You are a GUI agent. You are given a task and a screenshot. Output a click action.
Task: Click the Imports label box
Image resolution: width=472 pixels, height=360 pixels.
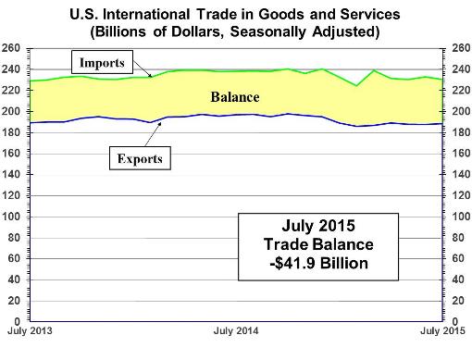[x=102, y=62]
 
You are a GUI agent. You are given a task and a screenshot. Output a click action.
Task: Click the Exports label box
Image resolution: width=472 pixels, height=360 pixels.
[x=140, y=158]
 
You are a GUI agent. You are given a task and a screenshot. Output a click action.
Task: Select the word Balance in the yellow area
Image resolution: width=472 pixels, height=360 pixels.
[x=235, y=97]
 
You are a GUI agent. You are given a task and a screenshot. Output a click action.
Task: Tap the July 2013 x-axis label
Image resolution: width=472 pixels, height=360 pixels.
[x=30, y=331]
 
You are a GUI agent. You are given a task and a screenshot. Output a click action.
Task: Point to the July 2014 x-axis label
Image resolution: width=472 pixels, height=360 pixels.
[x=236, y=331]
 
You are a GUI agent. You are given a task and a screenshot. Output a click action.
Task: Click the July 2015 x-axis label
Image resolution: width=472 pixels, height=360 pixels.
[x=442, y=331]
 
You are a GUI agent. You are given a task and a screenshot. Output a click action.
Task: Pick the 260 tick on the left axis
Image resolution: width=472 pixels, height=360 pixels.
[x=10, y=48]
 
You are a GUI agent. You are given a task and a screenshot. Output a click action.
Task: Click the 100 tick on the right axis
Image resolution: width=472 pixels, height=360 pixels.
[x=462, y=217]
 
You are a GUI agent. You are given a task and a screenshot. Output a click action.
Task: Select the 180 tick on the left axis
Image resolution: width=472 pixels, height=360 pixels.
[x=10, y=132]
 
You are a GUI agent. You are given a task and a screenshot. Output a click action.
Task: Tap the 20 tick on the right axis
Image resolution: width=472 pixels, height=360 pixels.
[x=458, y=301]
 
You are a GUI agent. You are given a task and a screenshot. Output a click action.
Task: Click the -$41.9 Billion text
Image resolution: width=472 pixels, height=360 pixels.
[x=318, y=264]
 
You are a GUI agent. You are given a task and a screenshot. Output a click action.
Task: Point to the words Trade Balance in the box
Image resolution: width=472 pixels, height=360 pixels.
[x=318, y=244]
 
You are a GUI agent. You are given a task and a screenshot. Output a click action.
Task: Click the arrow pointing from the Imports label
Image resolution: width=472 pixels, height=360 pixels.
[x=143, y=68]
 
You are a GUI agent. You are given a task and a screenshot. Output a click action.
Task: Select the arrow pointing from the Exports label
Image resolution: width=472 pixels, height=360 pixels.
[x=153, y=134]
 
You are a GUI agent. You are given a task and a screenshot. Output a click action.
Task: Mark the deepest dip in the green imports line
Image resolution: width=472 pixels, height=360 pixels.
[x=356, y=85]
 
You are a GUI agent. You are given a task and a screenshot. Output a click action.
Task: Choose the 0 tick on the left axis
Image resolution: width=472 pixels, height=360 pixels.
[x=17, y=322]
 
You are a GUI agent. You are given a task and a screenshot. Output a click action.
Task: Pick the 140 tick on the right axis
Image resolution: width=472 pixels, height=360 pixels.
[x=462, y=174]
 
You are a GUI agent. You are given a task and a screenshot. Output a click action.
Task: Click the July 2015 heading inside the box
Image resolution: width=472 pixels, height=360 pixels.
[x=318, y=226]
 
